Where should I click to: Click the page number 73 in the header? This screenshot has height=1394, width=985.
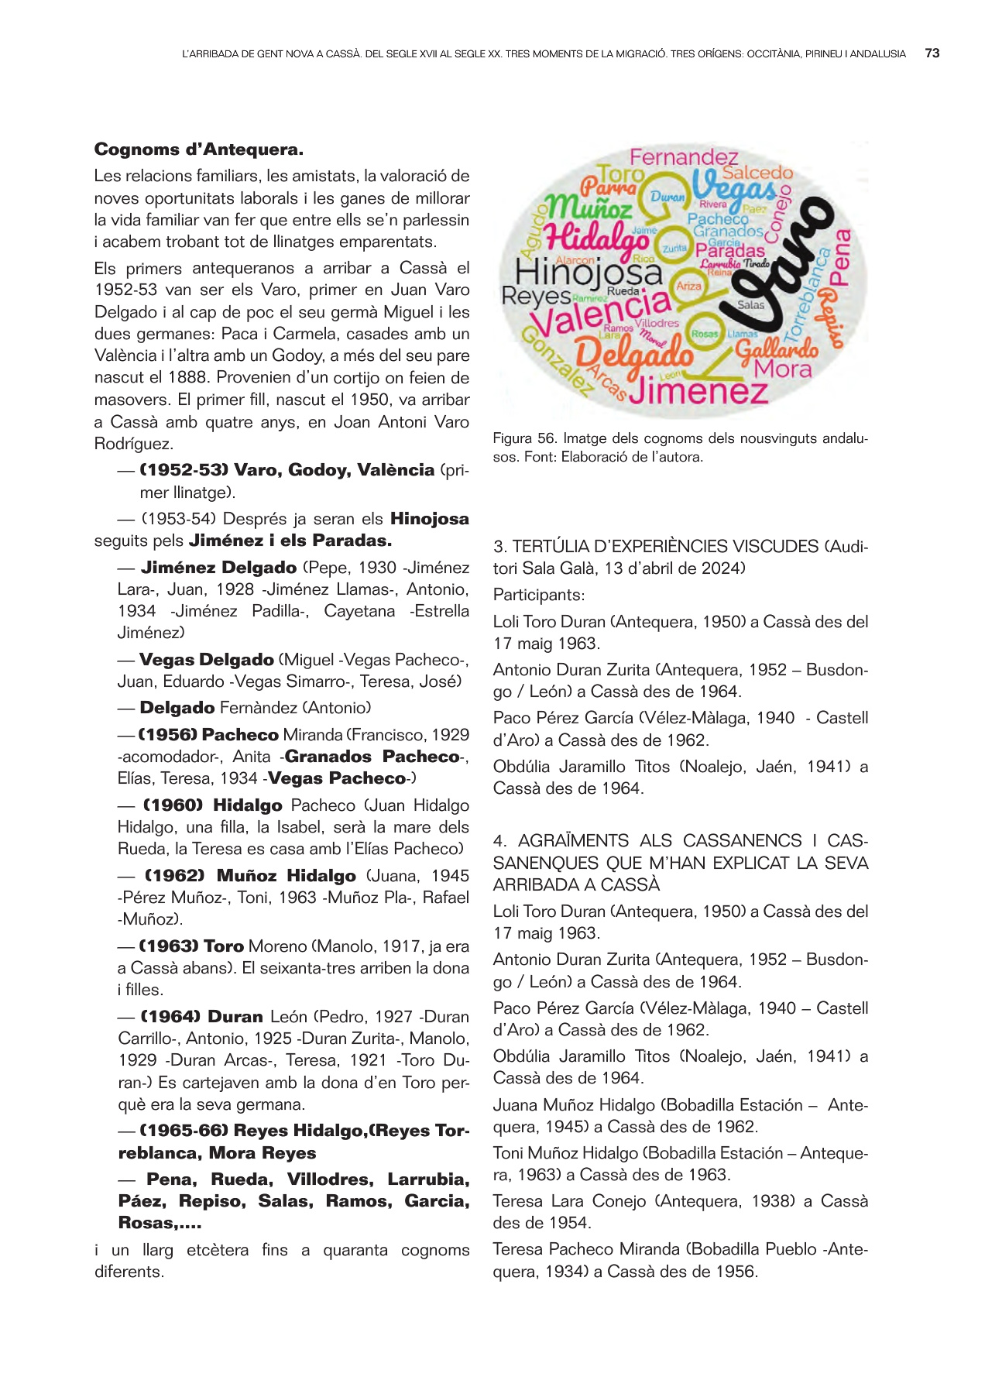click(932, 53)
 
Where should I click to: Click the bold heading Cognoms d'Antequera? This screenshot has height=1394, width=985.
click(198, 149)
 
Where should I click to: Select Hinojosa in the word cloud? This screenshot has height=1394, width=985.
click(589, 273)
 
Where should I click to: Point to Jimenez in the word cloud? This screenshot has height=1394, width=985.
click(698, 391)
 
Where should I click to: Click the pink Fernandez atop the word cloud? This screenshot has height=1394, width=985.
click(684, 157)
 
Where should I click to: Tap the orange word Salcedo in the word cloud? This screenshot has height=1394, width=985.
click(757, 173)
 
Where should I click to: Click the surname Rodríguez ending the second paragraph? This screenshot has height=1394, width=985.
click(133, 444)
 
